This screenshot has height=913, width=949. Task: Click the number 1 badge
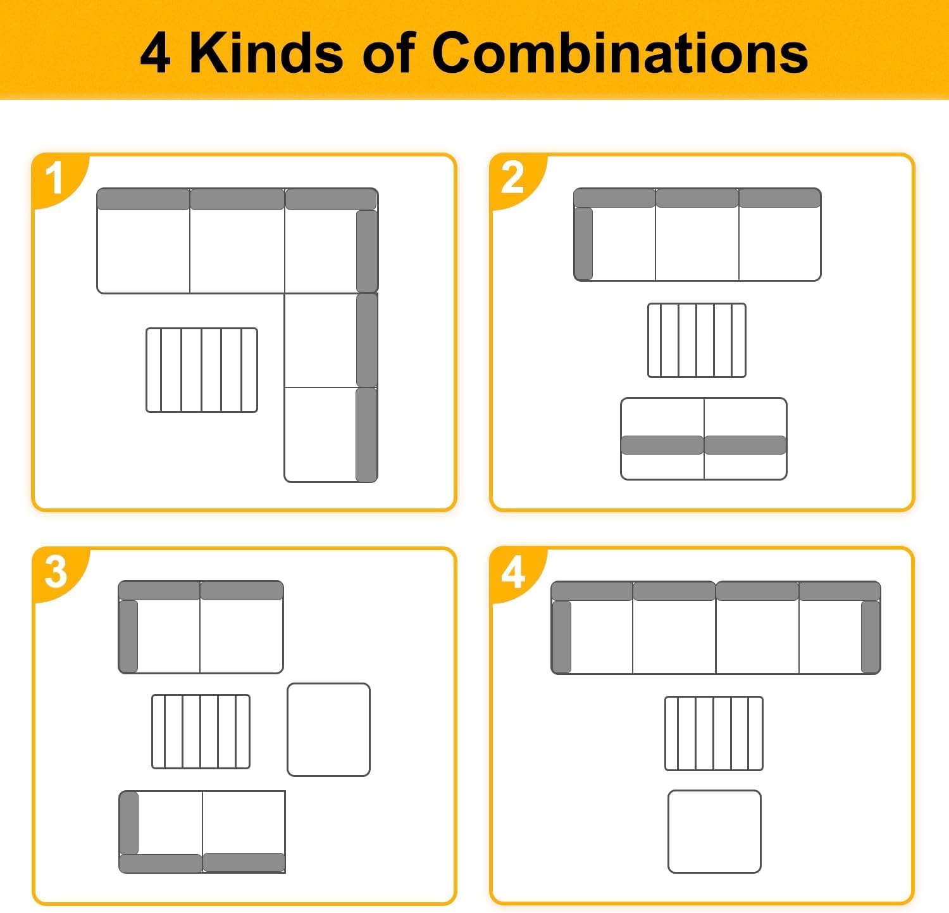(x=56, y=179)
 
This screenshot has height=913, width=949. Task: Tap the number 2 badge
(x=513, y=179)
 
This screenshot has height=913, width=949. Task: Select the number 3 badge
(x=56, y=572)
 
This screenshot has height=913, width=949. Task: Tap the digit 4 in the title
(x=155, y=53)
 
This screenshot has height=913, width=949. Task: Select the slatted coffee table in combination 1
(x=202, y=370)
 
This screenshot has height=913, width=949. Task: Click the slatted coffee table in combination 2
(x=697, y=340)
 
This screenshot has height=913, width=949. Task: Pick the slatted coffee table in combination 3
(x=201, y=731)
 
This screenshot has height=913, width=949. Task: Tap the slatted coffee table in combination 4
(x=714, y=733)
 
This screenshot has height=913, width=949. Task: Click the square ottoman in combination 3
(x=328, y=729)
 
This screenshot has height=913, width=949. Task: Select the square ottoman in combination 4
(x=714, y=831)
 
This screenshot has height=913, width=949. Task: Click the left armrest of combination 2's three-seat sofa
(x=583, y=244)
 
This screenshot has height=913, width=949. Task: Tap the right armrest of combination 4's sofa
(x=871, y=636)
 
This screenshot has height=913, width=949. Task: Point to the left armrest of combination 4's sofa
(x=562, y=636)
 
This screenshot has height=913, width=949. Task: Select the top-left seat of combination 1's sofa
(x=143, y=241)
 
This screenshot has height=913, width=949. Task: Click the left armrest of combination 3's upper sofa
(x=128, y=636)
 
